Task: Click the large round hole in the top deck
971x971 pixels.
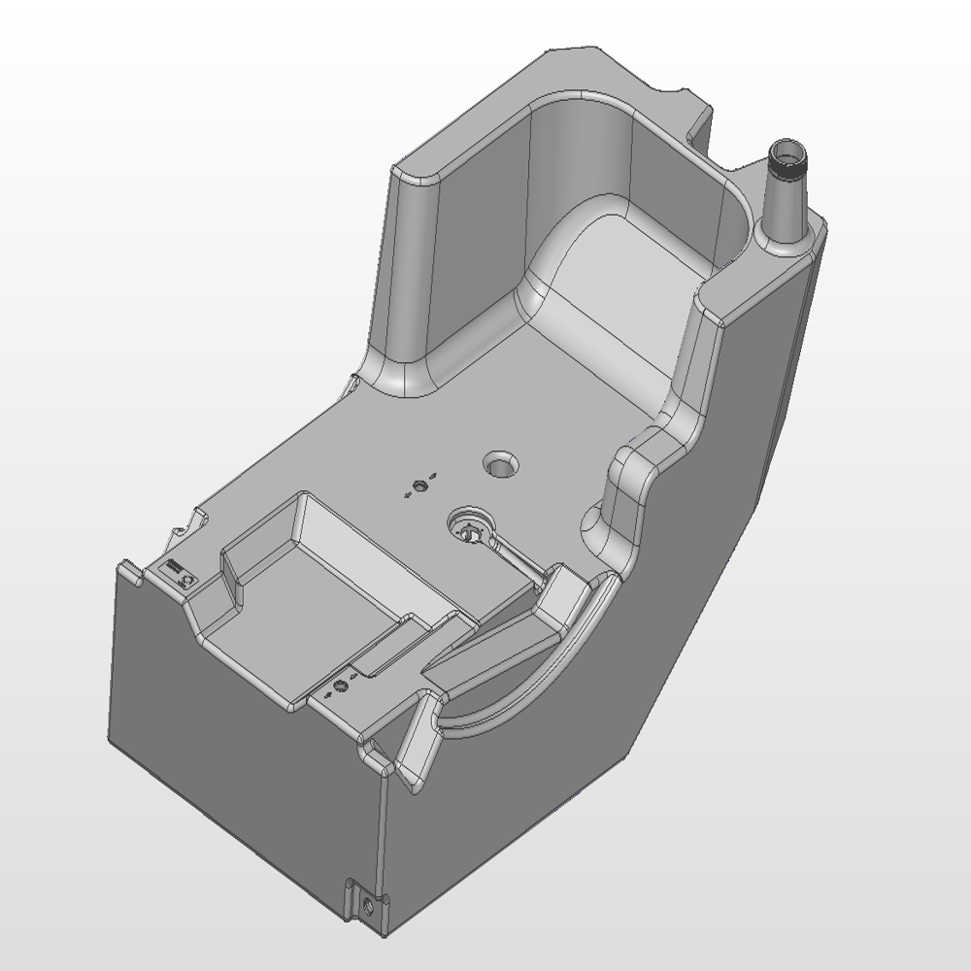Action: (x=502, y=465)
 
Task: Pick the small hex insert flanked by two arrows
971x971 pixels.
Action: (x=419, y=485)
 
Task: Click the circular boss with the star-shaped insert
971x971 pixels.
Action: (x=471, y=530)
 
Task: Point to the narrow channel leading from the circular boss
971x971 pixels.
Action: (x=515, y=559)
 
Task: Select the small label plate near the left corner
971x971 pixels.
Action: (x=182, y=573)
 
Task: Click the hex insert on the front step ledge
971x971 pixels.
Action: (x=340, y=686)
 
